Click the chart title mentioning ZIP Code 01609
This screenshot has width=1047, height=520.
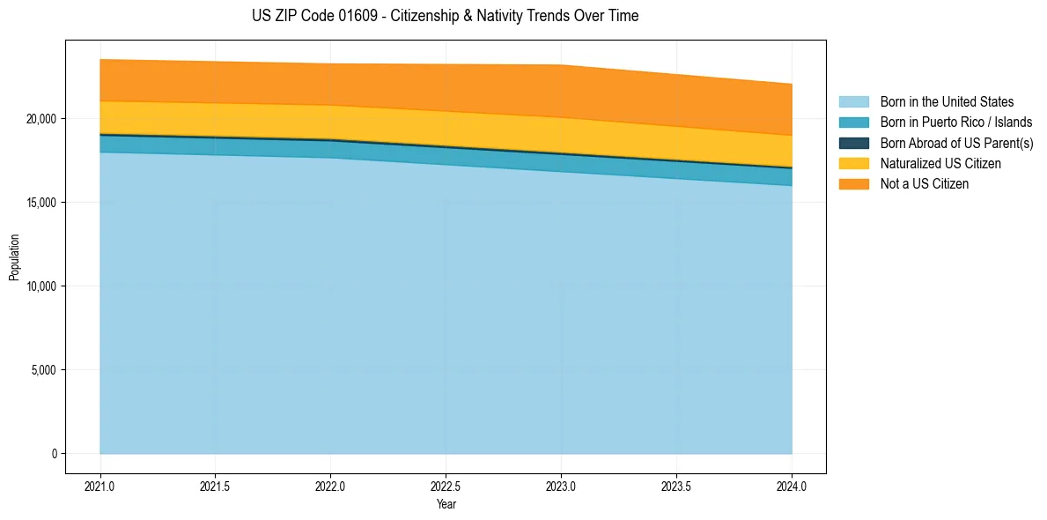pos(445,16)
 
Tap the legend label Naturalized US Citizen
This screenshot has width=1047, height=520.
pos(940,163)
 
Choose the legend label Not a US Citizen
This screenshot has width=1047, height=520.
pos(925,184)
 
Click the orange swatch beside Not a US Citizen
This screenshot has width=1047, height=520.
pos(853,184)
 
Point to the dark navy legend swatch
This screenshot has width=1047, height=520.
pos(853,143)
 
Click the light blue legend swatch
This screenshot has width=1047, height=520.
pos(853,102)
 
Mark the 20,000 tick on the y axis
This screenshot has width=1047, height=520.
pos(41,119)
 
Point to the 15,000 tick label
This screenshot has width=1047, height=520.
pos(41,203)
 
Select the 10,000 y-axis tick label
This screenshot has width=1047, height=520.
pos(41,286)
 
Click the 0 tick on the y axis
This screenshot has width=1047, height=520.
pos(53,454)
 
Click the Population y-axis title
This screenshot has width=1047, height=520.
pos(14,257)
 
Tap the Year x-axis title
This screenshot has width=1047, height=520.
pos(446,505)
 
